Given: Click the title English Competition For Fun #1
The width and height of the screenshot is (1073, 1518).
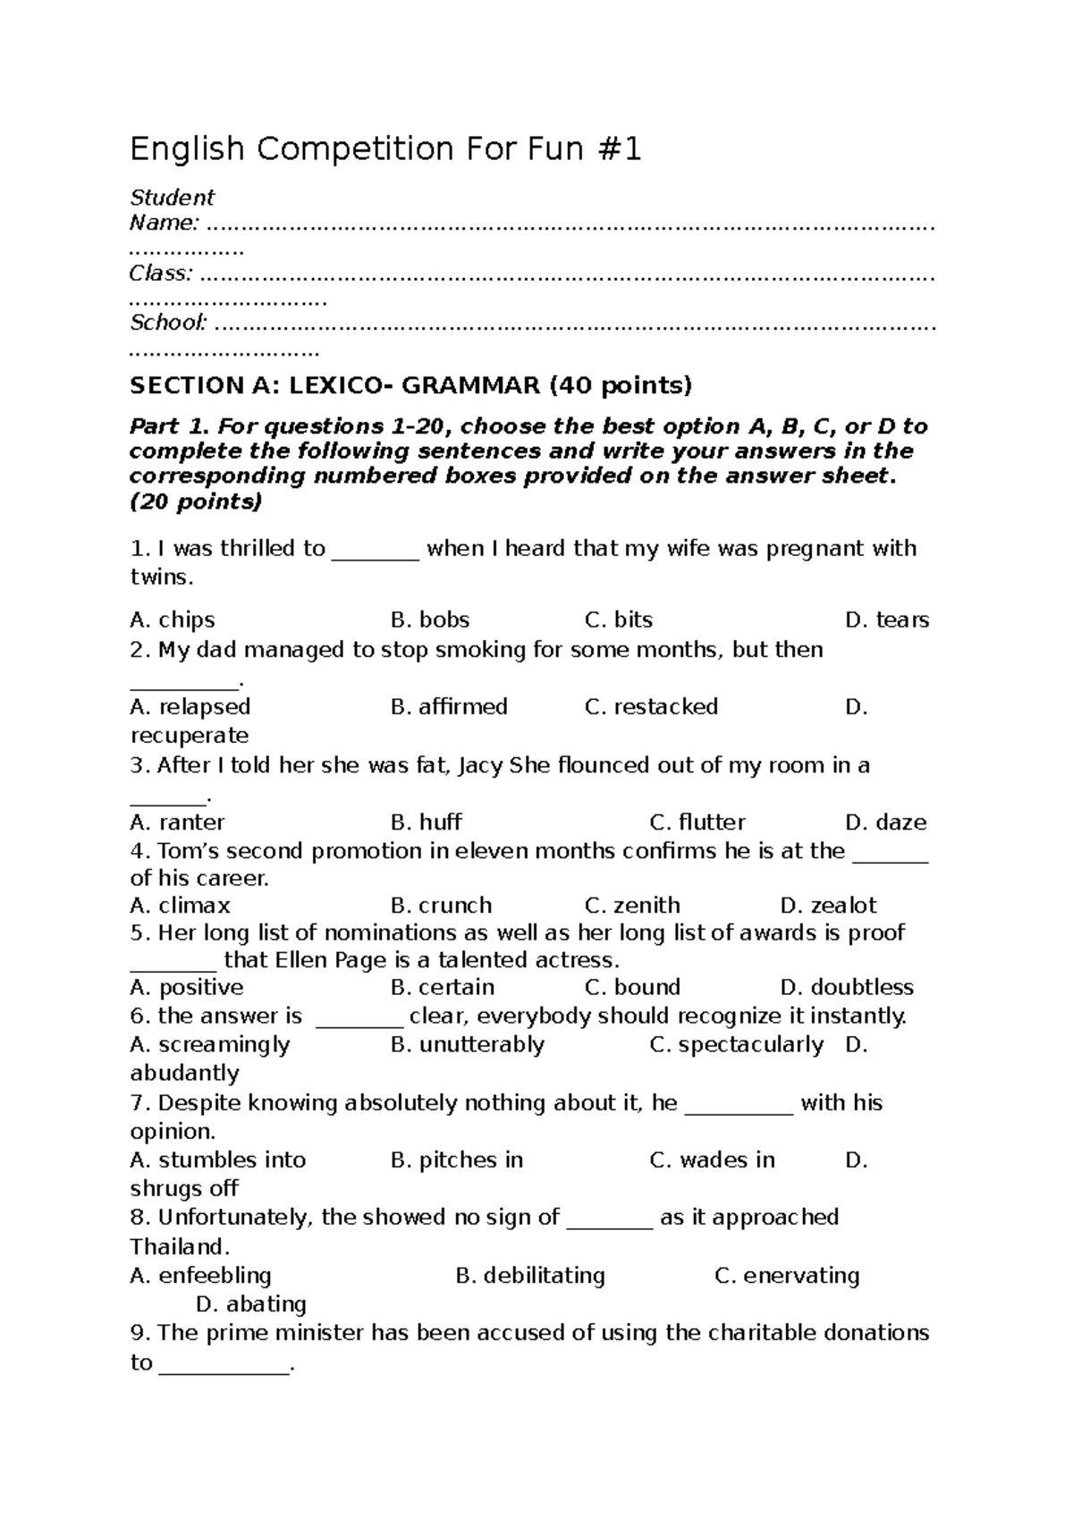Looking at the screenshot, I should (385, 149).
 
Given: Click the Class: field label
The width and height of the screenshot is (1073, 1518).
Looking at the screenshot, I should (161, 273).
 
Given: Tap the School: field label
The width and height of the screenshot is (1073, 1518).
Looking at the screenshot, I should (169, 322).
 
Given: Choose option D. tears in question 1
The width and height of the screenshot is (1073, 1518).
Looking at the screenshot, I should (886, 620).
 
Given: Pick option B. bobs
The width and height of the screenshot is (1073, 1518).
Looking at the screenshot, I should (430, 620).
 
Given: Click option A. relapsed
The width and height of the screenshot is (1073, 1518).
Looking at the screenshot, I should (190, 706).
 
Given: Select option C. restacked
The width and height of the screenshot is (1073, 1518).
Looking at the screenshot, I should (651, 706).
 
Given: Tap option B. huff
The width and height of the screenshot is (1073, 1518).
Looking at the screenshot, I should (427, 822).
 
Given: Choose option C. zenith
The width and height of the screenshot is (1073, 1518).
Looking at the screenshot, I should (632, 905).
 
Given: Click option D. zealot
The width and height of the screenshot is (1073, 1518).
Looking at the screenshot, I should (828, 905).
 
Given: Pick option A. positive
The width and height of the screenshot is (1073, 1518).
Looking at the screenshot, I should (186, 987).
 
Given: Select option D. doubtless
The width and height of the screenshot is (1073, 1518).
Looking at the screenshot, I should (847, 987).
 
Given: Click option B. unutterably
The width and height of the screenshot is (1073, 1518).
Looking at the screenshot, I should (468, 1044).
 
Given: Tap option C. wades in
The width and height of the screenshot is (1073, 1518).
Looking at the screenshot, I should (712, 1160).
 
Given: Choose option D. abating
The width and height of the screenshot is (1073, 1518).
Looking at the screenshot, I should (251, 1303).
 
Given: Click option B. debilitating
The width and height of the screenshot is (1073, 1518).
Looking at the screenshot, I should (530, 1275).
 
